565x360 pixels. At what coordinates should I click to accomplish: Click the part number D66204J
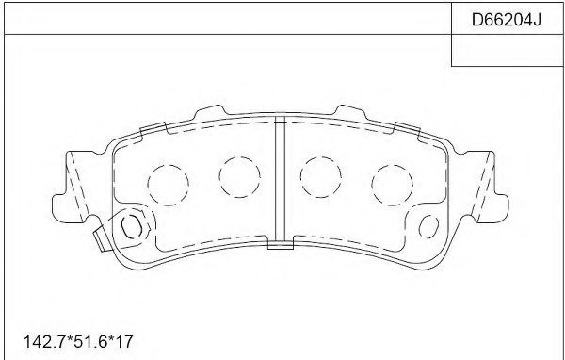click(x=507, y=20)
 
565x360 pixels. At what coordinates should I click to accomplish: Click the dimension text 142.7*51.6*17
click(x=78, y=341)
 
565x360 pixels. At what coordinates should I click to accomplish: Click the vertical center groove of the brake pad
click(x=280, y=180)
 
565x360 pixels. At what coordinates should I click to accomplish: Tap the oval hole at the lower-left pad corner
click(x=131, y=226)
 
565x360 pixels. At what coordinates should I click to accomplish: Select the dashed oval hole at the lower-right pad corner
click(x=428, y=226)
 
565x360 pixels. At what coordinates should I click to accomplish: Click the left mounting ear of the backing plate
click(x=73, y=188)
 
